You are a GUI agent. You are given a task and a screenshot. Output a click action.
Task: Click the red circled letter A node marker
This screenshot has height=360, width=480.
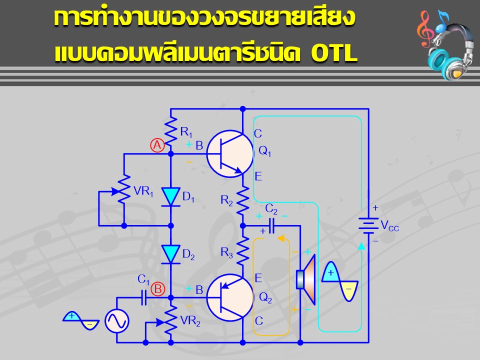(157, 145)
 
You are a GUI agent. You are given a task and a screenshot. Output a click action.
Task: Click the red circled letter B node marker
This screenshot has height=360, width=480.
(158, 289)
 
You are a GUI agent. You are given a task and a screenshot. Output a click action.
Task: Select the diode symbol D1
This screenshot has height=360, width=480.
(171, 197)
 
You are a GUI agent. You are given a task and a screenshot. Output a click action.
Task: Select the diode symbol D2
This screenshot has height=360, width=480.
(171, 254)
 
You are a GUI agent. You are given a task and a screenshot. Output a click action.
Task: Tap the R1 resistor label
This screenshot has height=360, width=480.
(186, 132)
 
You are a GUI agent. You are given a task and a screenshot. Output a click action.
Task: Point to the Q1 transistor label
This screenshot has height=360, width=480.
(265, 151)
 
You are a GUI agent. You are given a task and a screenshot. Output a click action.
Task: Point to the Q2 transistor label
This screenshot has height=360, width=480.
(265, 297)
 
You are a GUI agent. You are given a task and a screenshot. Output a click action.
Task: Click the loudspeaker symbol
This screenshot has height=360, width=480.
(306, 279)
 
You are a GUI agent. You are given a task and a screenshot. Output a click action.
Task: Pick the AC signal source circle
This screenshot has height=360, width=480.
(117, 321)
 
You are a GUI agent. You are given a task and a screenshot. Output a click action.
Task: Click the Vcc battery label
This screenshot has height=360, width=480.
(389, 226)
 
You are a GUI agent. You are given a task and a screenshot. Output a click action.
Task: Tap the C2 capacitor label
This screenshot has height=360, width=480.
(271, 209)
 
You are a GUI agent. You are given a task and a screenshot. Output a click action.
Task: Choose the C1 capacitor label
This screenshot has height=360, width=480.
(143, 279)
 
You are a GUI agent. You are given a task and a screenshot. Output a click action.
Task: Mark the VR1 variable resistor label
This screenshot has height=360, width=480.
(143, 191)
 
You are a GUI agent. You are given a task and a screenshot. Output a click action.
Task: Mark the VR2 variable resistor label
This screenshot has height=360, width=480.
(190, 321)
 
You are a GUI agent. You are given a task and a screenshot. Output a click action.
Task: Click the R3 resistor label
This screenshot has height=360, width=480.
(227, 253)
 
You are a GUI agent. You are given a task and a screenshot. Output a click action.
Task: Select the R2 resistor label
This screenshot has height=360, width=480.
(227, 201)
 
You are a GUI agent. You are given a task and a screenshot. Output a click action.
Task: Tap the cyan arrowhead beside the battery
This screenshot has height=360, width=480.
(361, 246)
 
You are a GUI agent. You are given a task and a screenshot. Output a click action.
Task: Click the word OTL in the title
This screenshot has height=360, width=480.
(334, 53)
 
